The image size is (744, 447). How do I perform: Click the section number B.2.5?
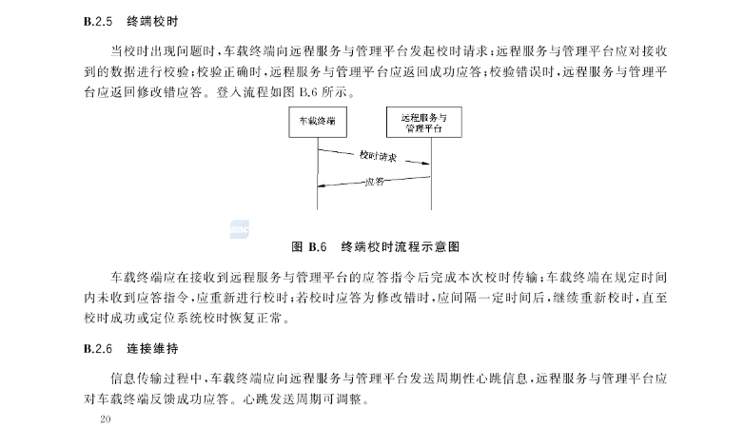(98, 19)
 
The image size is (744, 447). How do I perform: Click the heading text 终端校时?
(150, 19)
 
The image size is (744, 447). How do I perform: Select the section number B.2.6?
(98, 349)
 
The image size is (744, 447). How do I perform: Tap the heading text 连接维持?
(150, 349)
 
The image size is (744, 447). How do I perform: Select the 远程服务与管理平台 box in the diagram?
(429, 123)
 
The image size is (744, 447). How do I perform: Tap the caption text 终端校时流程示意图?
(401, 246)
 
